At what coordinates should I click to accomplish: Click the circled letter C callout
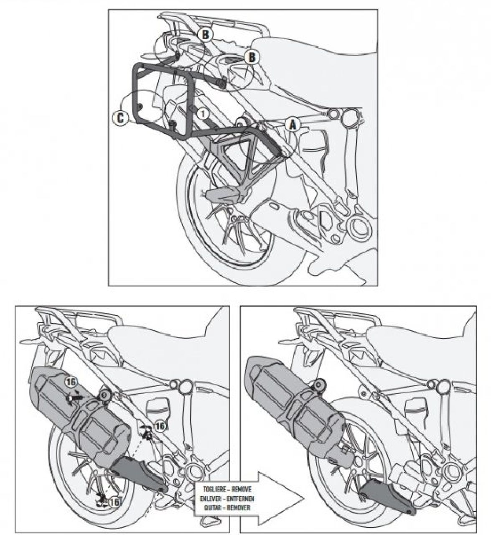tap(120, 118)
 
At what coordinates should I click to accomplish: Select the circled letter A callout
tap(293, 125)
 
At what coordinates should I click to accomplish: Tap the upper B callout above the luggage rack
tap(205, 34)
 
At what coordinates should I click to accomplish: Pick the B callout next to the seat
tap(252, 57)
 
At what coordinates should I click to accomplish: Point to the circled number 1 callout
tap(203, 114)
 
